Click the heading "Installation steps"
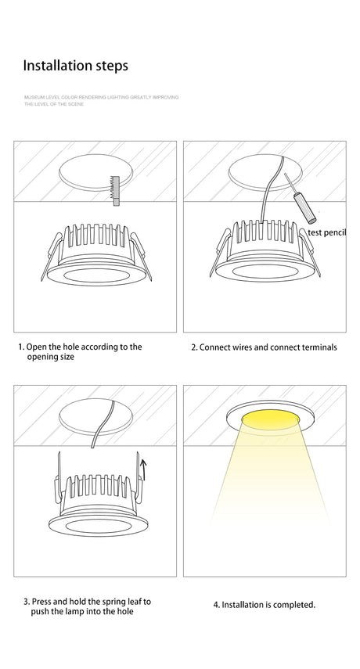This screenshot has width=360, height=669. click(x=75, y=67)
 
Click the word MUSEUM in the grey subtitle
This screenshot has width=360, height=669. click(x=32, y=97)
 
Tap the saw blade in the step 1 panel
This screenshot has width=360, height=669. click(x=115, y=191)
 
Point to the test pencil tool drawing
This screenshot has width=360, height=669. click(x=300, y=198)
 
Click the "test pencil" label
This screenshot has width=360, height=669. click(x=326, y=232)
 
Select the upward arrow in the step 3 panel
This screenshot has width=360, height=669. click(x=143, y=469)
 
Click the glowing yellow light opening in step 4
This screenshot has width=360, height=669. click(x=270, y=419)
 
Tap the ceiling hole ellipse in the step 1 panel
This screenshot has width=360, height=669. click(x=95, y=172)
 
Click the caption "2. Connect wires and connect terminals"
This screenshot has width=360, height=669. click(x=264, y=347)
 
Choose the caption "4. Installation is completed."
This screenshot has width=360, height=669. click(x=265, y=605)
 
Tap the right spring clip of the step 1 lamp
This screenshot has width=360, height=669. click(x=140, y=256)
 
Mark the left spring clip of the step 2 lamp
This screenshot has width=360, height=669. click(x=220, y=253)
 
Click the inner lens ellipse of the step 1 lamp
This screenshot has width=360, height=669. click(x=97, y=275)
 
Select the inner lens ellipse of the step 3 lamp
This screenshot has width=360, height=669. click(x=98, y=526)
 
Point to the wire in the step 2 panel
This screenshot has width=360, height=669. click(x=268, y=189)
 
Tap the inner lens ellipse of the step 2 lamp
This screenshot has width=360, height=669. click(x=265, y=272)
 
